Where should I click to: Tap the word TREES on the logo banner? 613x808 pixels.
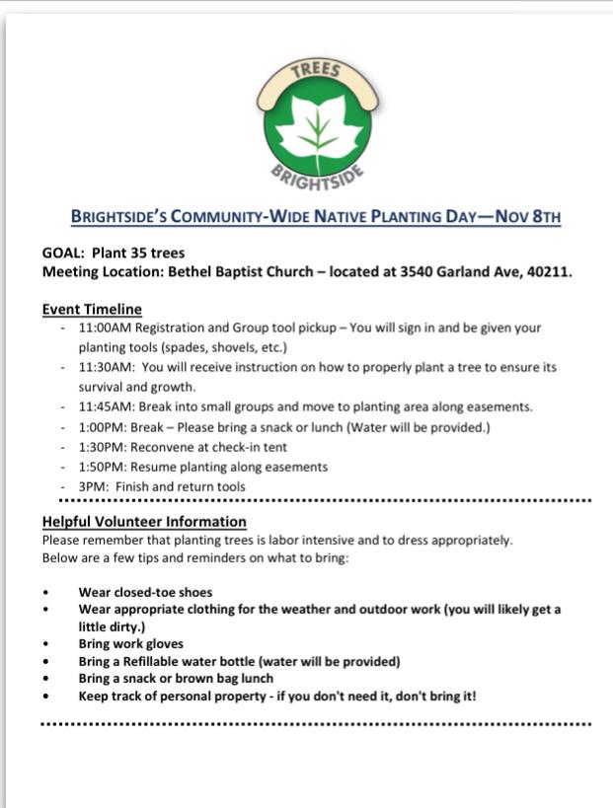point(317,71)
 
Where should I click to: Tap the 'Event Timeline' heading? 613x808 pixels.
point(92,309)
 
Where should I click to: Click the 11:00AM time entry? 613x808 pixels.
point(105,328)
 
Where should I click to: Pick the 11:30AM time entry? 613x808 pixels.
point(105,367)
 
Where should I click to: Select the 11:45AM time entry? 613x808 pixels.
point(105,406)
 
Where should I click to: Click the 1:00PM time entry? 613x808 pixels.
point(102,427)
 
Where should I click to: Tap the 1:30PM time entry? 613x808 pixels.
point(102,447)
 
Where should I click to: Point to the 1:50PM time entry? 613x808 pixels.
point(102,467)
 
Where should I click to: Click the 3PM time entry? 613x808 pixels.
point(93,486)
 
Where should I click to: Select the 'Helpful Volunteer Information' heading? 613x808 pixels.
point(144,521)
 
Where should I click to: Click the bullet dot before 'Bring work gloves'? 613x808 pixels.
point(45,645)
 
